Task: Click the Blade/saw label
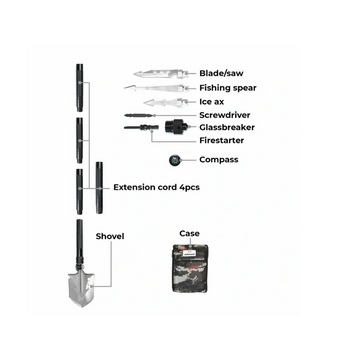coord(221,73)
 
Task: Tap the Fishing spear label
coord(228,88)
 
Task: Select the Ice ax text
coord(212,102)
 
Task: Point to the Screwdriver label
coord(225,115)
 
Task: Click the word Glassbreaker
coord(227,127)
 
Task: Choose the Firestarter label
coord(222,140)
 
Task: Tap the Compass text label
coord(219,160)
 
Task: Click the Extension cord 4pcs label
coord(157,187)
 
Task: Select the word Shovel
coord(110,236)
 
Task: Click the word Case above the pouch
coord(190,233)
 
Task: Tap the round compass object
coord(175,160)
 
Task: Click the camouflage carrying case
coord(190,269)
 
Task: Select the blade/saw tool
coord(161,73)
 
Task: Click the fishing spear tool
coord(155,88)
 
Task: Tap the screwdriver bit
coord(139,115)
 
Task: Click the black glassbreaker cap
coord(175,127)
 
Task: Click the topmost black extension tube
coord(79,87)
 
